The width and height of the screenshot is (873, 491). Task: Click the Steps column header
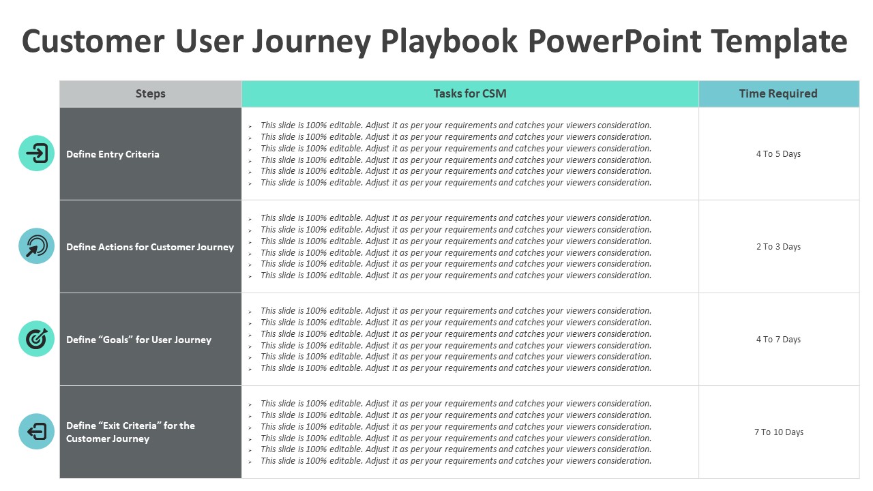point(150,94)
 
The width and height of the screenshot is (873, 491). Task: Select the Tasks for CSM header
point(470,94)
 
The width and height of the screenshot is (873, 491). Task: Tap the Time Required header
point(778,94)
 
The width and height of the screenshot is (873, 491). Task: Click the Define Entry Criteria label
point(113,154)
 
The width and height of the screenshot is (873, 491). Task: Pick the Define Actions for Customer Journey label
point(150,247)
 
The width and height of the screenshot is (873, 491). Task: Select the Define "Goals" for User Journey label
point(138,340)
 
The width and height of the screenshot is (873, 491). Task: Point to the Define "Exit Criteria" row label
point(130,432)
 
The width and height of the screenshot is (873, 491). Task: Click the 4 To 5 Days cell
point(778,154)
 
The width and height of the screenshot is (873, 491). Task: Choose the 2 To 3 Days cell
point(778,247)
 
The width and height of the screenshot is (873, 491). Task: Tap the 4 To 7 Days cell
point(778,340)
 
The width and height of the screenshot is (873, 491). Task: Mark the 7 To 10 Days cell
point(778,432)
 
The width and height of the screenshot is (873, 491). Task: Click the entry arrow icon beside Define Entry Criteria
point(36,153)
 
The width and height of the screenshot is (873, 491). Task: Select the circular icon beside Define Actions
point(36,246)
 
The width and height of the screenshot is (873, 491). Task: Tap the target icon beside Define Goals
point(36,339)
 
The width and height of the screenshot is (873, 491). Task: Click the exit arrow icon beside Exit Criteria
point(36,432)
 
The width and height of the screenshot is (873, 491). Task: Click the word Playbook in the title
point(449,42)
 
